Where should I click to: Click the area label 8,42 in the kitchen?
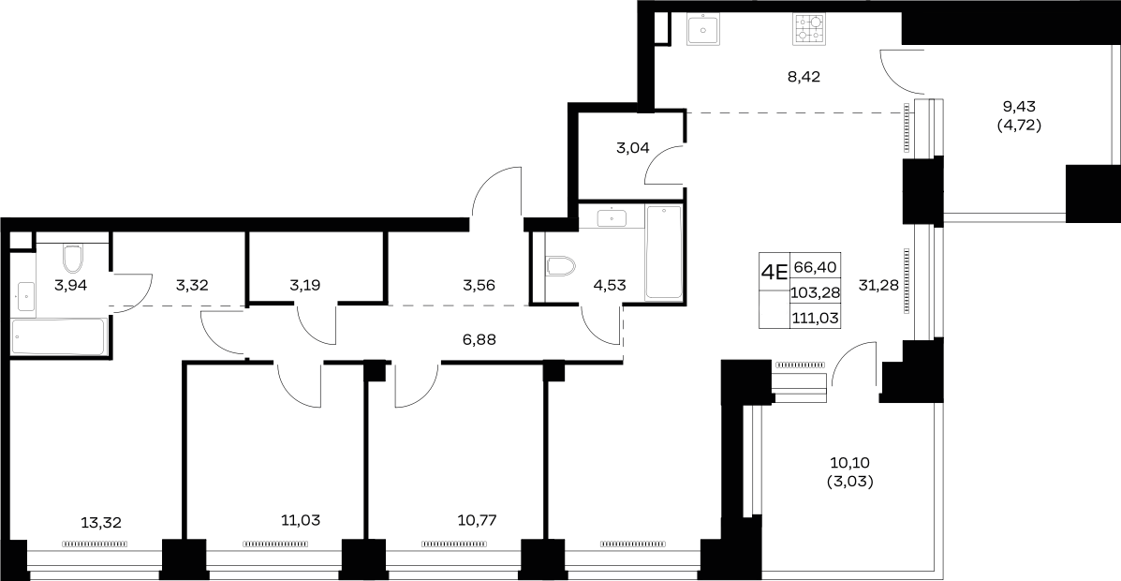point(804,77)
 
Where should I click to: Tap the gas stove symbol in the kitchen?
point(808,29)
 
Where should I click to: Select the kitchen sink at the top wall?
point(705,29)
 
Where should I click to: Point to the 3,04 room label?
point(633,148)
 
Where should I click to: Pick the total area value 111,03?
point(815,316)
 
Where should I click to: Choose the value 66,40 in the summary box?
point(815,267)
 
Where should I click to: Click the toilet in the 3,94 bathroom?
point(73,259)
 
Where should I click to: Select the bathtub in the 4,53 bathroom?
point(664,253)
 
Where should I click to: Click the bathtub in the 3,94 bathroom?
point(59,336)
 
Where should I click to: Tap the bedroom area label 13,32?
point(101,523)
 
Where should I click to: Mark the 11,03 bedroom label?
point(300,520)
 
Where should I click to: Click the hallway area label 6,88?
point(479,340)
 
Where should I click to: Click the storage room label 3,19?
point(304,285)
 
